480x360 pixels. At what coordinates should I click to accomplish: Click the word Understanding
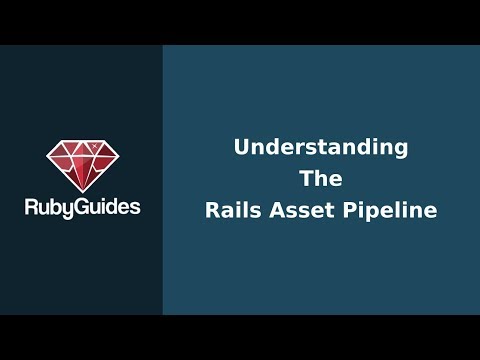321,147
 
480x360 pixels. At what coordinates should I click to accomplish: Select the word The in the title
321,179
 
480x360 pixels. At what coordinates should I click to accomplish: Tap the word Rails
232,211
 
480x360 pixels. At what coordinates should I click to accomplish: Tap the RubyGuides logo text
82,207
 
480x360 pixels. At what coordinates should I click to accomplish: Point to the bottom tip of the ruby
82,190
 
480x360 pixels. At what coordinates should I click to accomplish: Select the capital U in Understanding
241,147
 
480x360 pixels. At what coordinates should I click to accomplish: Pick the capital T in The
306,179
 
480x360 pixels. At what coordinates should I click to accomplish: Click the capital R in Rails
211,211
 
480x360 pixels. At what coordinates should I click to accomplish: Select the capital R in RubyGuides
31,207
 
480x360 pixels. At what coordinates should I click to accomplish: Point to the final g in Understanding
401,149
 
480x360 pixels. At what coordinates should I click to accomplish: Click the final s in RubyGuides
135,208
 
